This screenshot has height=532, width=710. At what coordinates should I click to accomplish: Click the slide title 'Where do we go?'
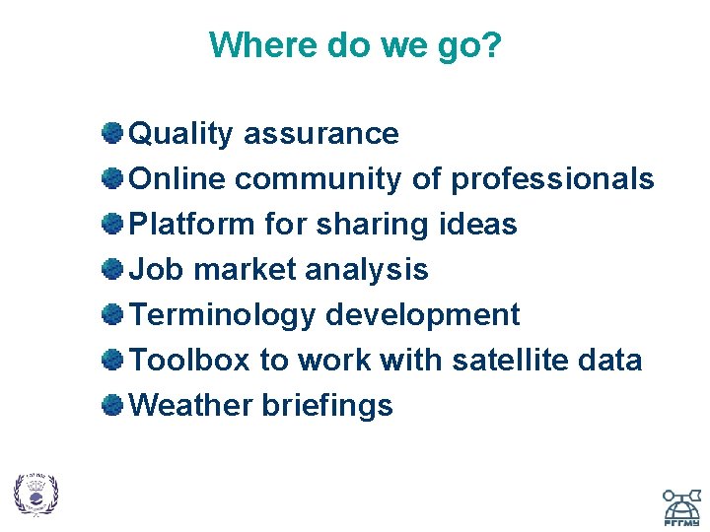[355, 45]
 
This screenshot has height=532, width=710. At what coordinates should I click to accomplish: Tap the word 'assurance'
[321, 134]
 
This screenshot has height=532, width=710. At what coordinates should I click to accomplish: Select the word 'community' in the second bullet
[319, 179]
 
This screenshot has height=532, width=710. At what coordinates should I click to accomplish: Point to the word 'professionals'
[552, 179]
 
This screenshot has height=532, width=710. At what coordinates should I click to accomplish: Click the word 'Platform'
[192, 225]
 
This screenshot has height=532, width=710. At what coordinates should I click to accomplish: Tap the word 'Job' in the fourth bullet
[152, 270]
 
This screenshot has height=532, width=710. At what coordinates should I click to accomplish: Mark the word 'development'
[422, 315]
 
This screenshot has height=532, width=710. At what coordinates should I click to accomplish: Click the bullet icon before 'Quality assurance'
[113, 132]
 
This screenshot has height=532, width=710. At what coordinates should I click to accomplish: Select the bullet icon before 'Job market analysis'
[113, 268]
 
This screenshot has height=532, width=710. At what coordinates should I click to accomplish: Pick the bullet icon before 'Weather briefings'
[113, 404]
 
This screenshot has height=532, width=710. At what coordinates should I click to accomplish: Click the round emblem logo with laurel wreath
[35, 494]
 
